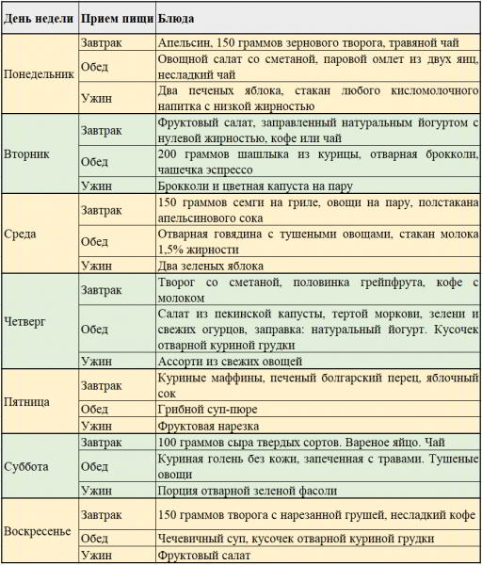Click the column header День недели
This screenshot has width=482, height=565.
click(x=39, y=18)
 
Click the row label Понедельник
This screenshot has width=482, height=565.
click(x=40, y=74)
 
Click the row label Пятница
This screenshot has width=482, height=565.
click(x=28, y=401)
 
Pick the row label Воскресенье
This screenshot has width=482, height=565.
click(x=38, y=529)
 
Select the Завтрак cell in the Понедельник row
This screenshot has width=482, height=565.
click(x=102, y=42)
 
